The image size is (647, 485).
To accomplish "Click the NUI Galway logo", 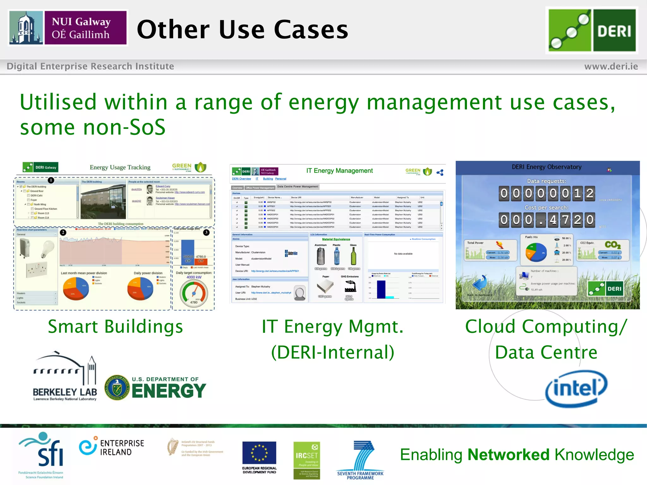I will tap(68, 28).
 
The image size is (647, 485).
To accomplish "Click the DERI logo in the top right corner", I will tap(592, 30).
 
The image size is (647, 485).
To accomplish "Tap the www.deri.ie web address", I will tap(611, 66).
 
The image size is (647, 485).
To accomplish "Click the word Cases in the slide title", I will tap(311, 30).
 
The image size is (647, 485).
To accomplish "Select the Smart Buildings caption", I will tap(115, 326).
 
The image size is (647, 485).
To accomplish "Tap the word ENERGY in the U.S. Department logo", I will tap(169, 391).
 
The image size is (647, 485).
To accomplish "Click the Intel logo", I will tap(576, 388).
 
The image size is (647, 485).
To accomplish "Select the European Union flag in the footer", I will tap(259, 453).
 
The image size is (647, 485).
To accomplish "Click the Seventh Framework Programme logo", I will tap(360, 460).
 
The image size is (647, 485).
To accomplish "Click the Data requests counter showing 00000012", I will tap(547, 193).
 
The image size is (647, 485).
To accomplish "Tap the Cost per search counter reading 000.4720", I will tap(547, 220).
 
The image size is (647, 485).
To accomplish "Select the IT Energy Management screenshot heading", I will tap(339, 171).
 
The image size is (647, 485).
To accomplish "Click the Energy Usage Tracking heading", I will tap(120, 167).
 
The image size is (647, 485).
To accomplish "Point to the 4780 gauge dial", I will tap(194, 292).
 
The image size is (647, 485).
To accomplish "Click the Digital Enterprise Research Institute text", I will tap(90, 66).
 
